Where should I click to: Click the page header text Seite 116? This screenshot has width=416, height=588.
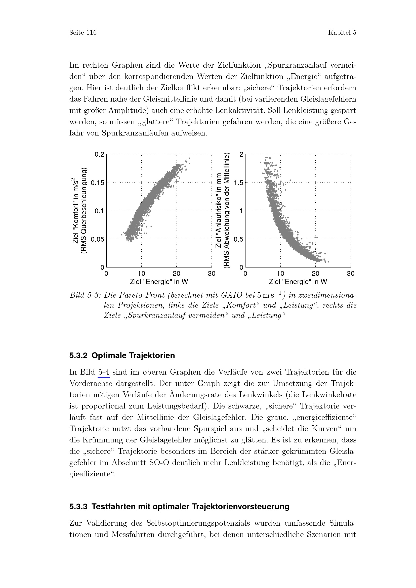(x=83, y=33)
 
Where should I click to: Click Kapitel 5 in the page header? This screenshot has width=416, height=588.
(x=342, y=33)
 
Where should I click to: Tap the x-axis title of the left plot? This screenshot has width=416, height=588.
(x=159, y=282)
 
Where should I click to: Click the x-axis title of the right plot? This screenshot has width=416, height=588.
(x=298, y=282)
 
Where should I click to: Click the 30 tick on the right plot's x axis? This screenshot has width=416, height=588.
(x=350, y=274)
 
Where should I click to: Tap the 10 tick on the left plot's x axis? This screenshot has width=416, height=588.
(x=141, y=274)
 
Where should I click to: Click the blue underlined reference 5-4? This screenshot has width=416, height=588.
(x=104, y=372)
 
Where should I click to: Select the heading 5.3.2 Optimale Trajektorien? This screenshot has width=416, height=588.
(x=122, y=356)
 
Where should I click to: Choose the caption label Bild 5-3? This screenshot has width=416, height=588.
(x=86, y=296)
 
